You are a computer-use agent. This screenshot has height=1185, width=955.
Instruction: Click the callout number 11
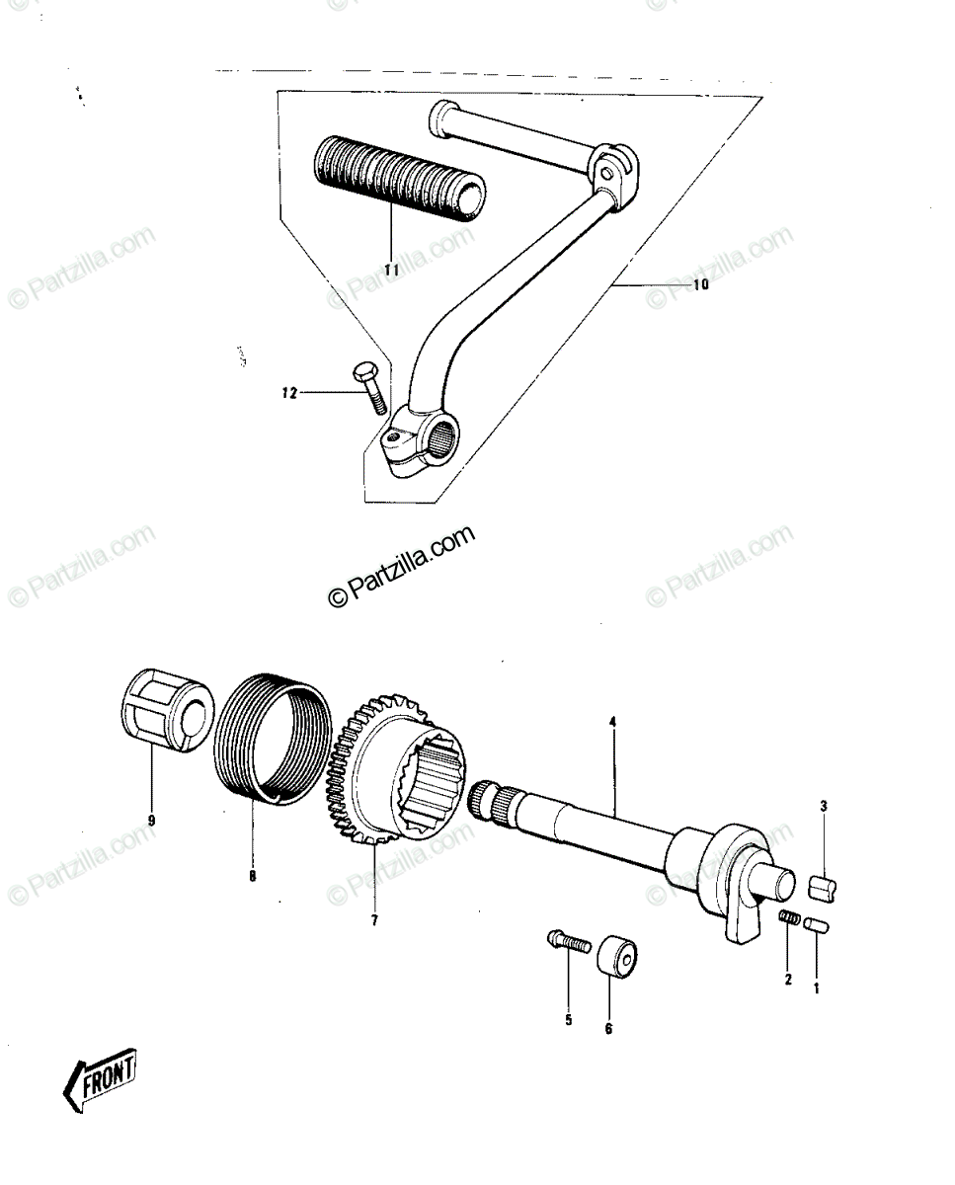pos(391,270)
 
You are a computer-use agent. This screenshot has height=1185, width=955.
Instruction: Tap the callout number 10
pos(700,284)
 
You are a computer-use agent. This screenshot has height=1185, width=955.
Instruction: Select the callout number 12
pos(289,393)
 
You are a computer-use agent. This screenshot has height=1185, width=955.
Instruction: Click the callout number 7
pos(374,920)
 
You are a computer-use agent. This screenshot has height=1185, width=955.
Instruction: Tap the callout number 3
pos(824,807)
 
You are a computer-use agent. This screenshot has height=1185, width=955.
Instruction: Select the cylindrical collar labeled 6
pos(617,958)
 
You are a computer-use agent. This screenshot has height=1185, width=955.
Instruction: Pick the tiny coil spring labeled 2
pos(789,916)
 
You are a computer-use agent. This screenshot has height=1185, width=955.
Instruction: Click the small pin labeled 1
pos(818,924)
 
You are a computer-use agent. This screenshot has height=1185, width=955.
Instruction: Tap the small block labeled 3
pos(823,891)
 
